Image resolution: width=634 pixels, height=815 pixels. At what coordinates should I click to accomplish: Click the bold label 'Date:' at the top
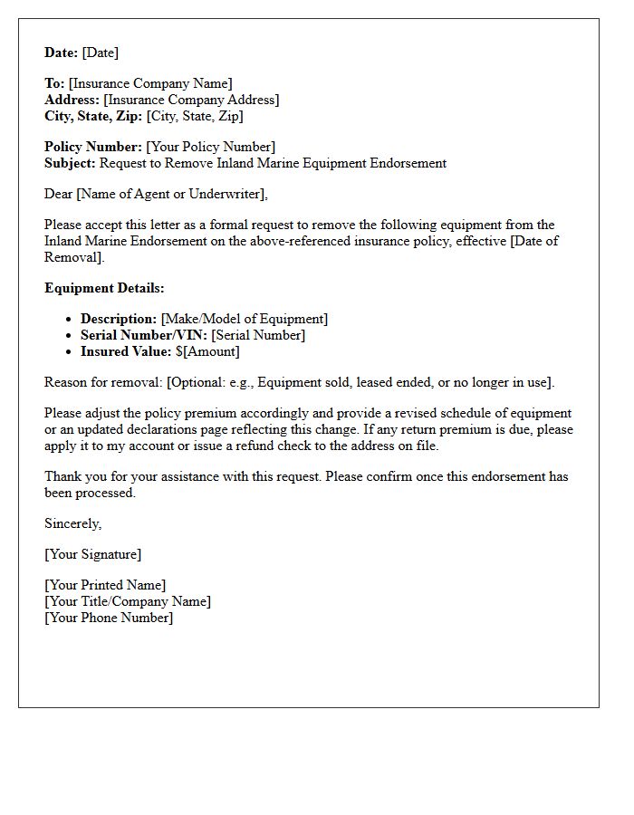click(x=62, y=53)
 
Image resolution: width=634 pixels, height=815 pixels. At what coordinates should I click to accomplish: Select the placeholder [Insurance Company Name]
click(x=150, y=83)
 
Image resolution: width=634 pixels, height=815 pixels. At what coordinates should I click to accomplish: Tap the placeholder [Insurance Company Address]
click(x=191, y=100)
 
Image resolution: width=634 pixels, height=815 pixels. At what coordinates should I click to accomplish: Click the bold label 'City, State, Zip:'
click(x=93, y=116)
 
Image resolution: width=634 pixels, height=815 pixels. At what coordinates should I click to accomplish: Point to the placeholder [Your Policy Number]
click(x=210, y=147)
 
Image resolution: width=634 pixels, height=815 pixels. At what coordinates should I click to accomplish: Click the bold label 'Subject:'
click(x=70, y=163)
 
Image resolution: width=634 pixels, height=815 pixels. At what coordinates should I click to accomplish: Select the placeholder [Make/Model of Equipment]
click(x=245, y=319)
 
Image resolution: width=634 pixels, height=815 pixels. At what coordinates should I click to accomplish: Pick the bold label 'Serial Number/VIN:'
click(x=144, y=335)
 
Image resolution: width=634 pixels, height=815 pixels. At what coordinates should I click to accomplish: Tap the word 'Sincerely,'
click(x=73, y=523)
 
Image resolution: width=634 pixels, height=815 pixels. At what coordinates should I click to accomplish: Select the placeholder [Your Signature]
click(x=93, y=554)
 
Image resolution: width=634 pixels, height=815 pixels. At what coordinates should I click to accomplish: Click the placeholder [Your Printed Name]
click(x=105, y=585)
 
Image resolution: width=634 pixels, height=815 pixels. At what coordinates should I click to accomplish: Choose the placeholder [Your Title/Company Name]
click(x=128, y=601)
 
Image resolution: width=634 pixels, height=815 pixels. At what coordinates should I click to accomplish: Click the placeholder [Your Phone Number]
click(x=109, y=618)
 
